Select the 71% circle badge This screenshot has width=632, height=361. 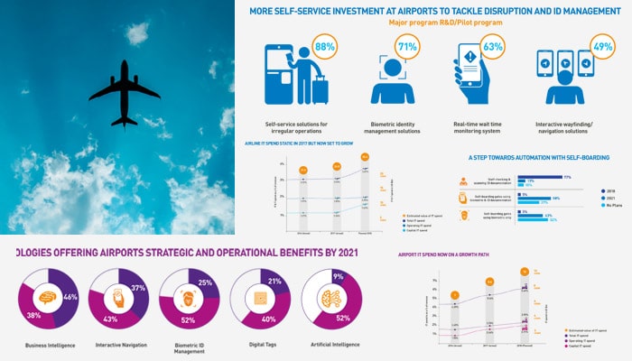(x=406, y=45)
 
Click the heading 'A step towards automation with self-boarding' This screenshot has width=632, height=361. (x=532, y=156)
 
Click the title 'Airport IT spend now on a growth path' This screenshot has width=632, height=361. (x=444, y=255)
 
